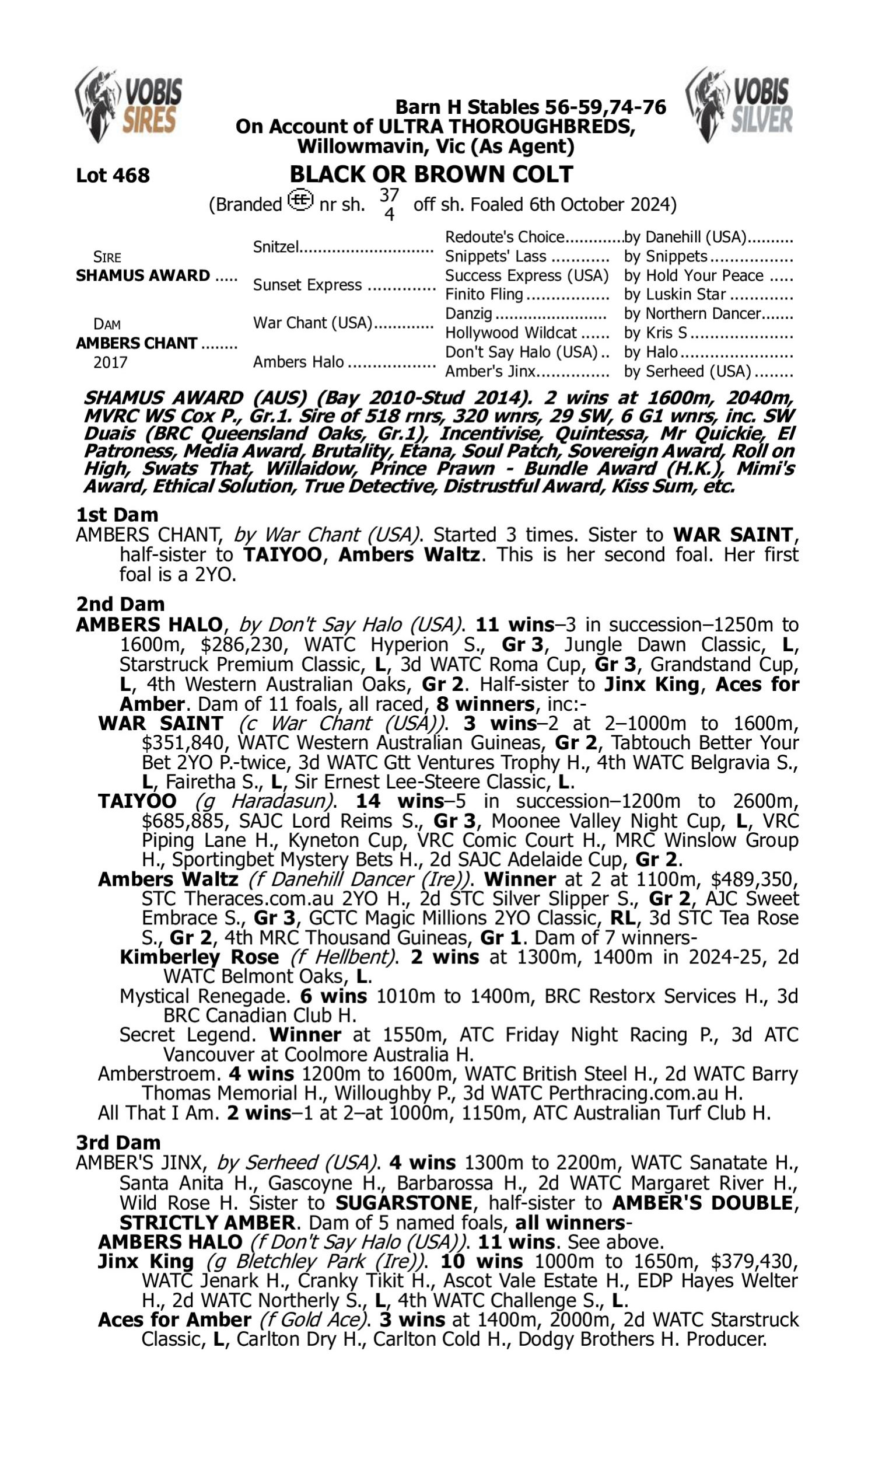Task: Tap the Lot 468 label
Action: pyautogui.click(x=113, y=175)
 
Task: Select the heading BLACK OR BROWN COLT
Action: pyautogui.click(x=431, y=174)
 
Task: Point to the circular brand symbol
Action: pyautogui.click(x=300, y=200)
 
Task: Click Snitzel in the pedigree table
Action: pyautogui.click(x=275, y=246)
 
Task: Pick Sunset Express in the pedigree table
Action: pyautogui.click(x=307, y=285)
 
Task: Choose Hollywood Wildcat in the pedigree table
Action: pyautogui.click(x=510, y=333)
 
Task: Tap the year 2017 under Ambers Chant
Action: pyautogui.click(x=110, y=362)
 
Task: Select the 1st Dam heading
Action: pyautogui.click(x=117, y=515)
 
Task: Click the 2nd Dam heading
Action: pyautogui.click(x=120, y=604)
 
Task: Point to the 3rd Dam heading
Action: pyautogui.click(x=118, y=1142)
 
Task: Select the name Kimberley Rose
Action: pyautogui.click(x=199, y=957)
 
